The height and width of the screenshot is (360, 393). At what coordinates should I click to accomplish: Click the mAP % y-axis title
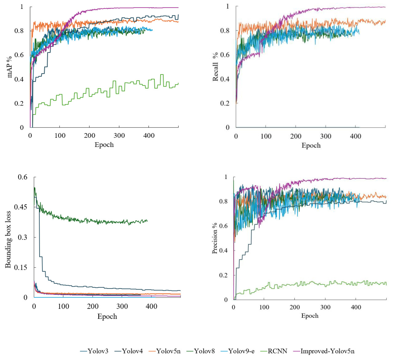pos(10,67)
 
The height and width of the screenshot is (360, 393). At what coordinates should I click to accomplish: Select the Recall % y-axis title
pos(215,67)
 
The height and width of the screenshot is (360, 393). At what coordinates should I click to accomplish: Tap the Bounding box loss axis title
pos(8,239)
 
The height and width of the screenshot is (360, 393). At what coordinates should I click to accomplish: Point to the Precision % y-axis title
pos(215,238)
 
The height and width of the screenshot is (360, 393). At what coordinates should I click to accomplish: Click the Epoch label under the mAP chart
pos(104,145)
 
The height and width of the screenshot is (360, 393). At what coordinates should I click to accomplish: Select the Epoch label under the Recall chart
pos(311,145)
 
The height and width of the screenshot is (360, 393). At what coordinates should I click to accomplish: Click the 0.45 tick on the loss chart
pos(21,207)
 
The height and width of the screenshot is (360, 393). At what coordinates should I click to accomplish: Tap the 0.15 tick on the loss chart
pos(21,267)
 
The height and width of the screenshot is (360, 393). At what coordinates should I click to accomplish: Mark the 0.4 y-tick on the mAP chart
pos(19,79)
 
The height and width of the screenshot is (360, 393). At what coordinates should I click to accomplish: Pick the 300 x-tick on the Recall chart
pos(326,136)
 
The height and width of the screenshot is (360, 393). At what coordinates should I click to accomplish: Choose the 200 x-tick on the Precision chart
pos(295,307)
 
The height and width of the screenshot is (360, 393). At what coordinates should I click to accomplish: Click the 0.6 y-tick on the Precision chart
pos(223,226)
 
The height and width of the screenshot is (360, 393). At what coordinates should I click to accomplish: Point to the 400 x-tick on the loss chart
pos(151,306)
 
